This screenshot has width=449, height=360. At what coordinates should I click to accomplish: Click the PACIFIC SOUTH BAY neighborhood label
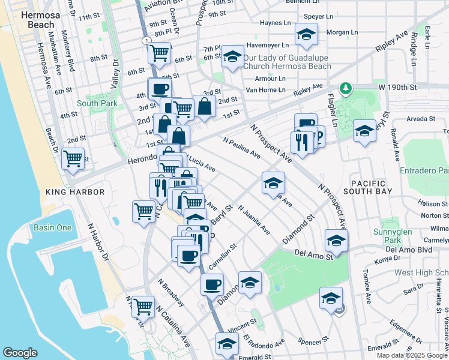pos(372,186)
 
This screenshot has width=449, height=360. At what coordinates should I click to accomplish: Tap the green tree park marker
pos(345,89)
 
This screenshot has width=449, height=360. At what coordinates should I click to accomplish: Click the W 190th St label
pos(397,88)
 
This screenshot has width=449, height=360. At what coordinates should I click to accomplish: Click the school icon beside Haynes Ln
pos(306,35)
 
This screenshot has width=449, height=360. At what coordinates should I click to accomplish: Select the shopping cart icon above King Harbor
pos(73,159)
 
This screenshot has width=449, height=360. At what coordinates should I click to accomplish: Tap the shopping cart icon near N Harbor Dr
pos(142,306)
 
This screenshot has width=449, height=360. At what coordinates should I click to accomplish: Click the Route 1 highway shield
pos(145,40)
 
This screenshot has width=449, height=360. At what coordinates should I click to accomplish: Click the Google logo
pos(20,353)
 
